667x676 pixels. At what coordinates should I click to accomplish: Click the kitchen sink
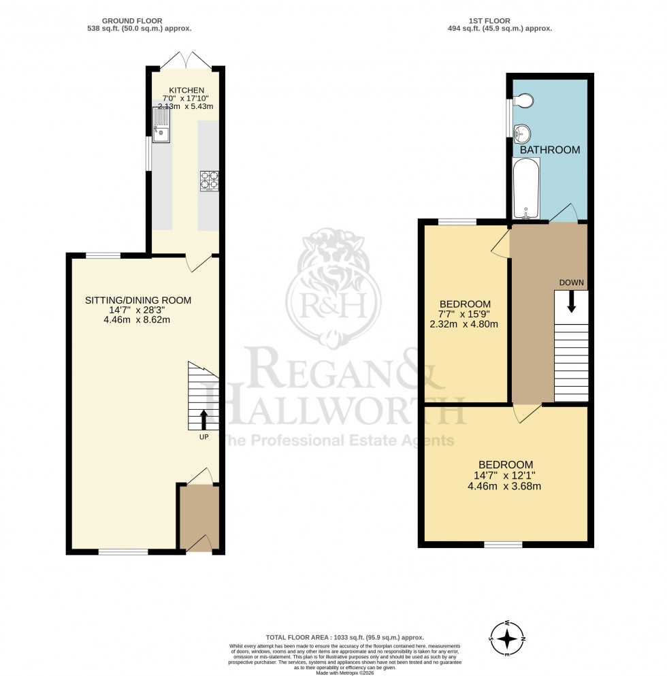[x=161, y=129]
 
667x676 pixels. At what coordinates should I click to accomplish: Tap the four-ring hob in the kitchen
[x=209, y=180]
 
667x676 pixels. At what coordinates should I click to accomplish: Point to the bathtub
[x=525, y=189]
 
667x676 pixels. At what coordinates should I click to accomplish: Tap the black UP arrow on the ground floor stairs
[x=204, y=418]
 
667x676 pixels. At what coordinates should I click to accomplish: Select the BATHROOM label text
[x=550, y=150]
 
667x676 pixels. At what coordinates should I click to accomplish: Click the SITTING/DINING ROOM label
[x=138, y=300]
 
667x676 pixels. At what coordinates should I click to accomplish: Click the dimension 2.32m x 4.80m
[x=465, y=324]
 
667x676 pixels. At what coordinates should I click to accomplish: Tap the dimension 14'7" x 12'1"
[x=504, y=476]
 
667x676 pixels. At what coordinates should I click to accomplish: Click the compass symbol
[x=508, y=639]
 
